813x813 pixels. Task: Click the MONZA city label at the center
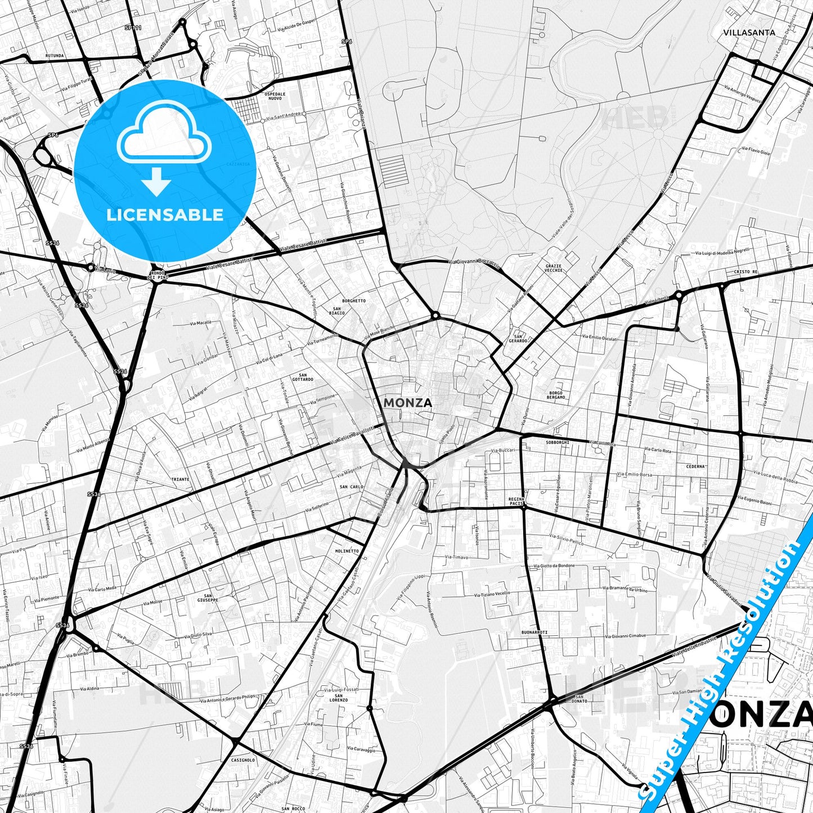click(x=408, y=403)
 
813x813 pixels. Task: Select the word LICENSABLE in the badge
click(x=165, y=215)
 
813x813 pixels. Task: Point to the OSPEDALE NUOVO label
click(x=275, y=96)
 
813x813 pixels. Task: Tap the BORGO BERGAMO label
click(x=556, y=395)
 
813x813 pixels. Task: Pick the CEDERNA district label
click(x=695, y=466)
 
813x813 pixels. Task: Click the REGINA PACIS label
click(x=516, y=501)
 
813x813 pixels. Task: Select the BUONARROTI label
click(x=534, y=632)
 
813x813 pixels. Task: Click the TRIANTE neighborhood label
click(x=180, y=479)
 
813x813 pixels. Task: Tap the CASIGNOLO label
click(x=242, y=760)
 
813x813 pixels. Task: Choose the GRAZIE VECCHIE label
click(x=554, y=268)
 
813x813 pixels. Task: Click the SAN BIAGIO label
click(x=337, y=311)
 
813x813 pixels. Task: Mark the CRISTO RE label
click(x=745, y=272)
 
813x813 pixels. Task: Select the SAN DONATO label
click(x=579, y=699)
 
